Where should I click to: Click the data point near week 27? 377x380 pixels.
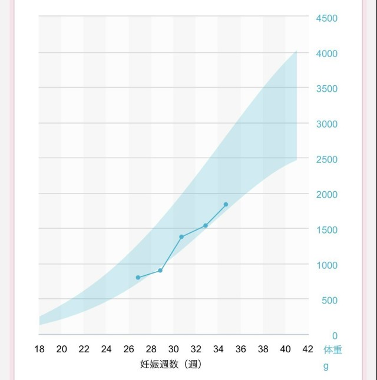[x=138, y=278]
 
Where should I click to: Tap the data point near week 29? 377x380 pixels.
[x=160, y=271]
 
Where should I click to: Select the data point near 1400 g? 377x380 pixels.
[x=181, y=237]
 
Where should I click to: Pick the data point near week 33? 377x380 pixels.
[x=206, y=225]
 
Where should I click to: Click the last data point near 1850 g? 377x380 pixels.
[x=226, y=205]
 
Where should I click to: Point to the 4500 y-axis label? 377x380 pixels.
[x=326, y=18]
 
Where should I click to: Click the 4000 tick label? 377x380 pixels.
[x=326, y=54]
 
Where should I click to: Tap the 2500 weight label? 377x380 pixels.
[x=326, y=159]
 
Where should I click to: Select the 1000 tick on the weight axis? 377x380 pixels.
[x=326, y=265]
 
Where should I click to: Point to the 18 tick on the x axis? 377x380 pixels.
[x=39, y=349]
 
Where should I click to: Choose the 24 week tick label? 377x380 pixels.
[x=107, y=349]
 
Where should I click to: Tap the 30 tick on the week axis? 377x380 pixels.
[x=174, y=349]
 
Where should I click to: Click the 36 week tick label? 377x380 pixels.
[x=241, y=349]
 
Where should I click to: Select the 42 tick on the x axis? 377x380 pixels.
[x=307, y=349]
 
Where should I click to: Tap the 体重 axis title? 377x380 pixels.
[x=333, y=350]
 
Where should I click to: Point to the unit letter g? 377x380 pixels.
[x=326, y=366]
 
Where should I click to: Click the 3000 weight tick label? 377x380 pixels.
[x=326, y=124]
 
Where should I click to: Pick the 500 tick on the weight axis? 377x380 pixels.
[x=328, y=301]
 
